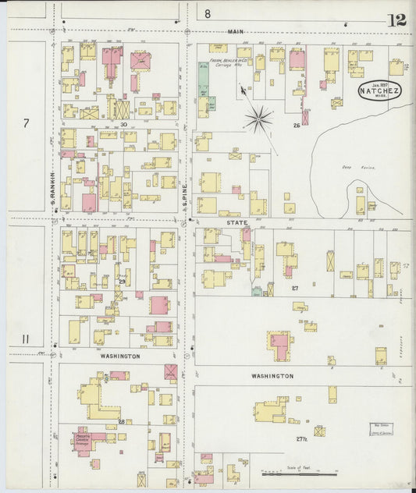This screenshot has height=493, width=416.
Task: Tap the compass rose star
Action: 258,119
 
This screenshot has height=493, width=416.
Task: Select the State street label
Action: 236,222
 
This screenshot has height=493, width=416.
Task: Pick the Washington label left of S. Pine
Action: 120,356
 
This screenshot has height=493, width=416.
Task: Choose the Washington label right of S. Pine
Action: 272,375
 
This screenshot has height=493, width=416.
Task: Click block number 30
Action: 123,124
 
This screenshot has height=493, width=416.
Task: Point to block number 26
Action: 297,125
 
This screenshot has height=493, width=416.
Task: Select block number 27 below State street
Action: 295,289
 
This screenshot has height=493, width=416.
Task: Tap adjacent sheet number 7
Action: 26,123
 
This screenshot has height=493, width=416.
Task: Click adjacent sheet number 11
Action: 26,339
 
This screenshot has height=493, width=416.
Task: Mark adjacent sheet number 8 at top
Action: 208,13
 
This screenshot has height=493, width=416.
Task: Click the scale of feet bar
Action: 300,473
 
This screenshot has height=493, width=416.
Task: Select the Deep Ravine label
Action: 347,167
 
